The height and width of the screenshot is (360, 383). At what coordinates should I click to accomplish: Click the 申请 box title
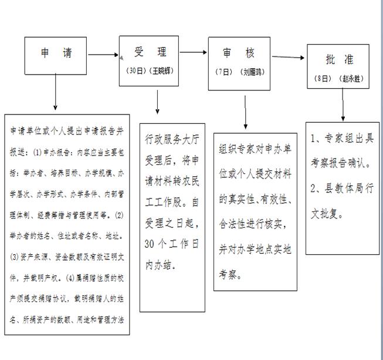pos(56,53)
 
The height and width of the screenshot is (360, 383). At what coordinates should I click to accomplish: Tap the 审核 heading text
pos(238,53)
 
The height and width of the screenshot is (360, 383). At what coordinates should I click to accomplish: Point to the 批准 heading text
pos(340,60)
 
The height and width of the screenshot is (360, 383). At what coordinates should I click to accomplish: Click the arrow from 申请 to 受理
pos(103,55)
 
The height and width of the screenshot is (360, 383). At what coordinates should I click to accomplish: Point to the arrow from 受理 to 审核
pos(194,54)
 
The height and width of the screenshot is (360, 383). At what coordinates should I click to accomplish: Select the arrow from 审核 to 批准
pos(288,58)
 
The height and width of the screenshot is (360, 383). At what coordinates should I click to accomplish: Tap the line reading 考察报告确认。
pos(344,162)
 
